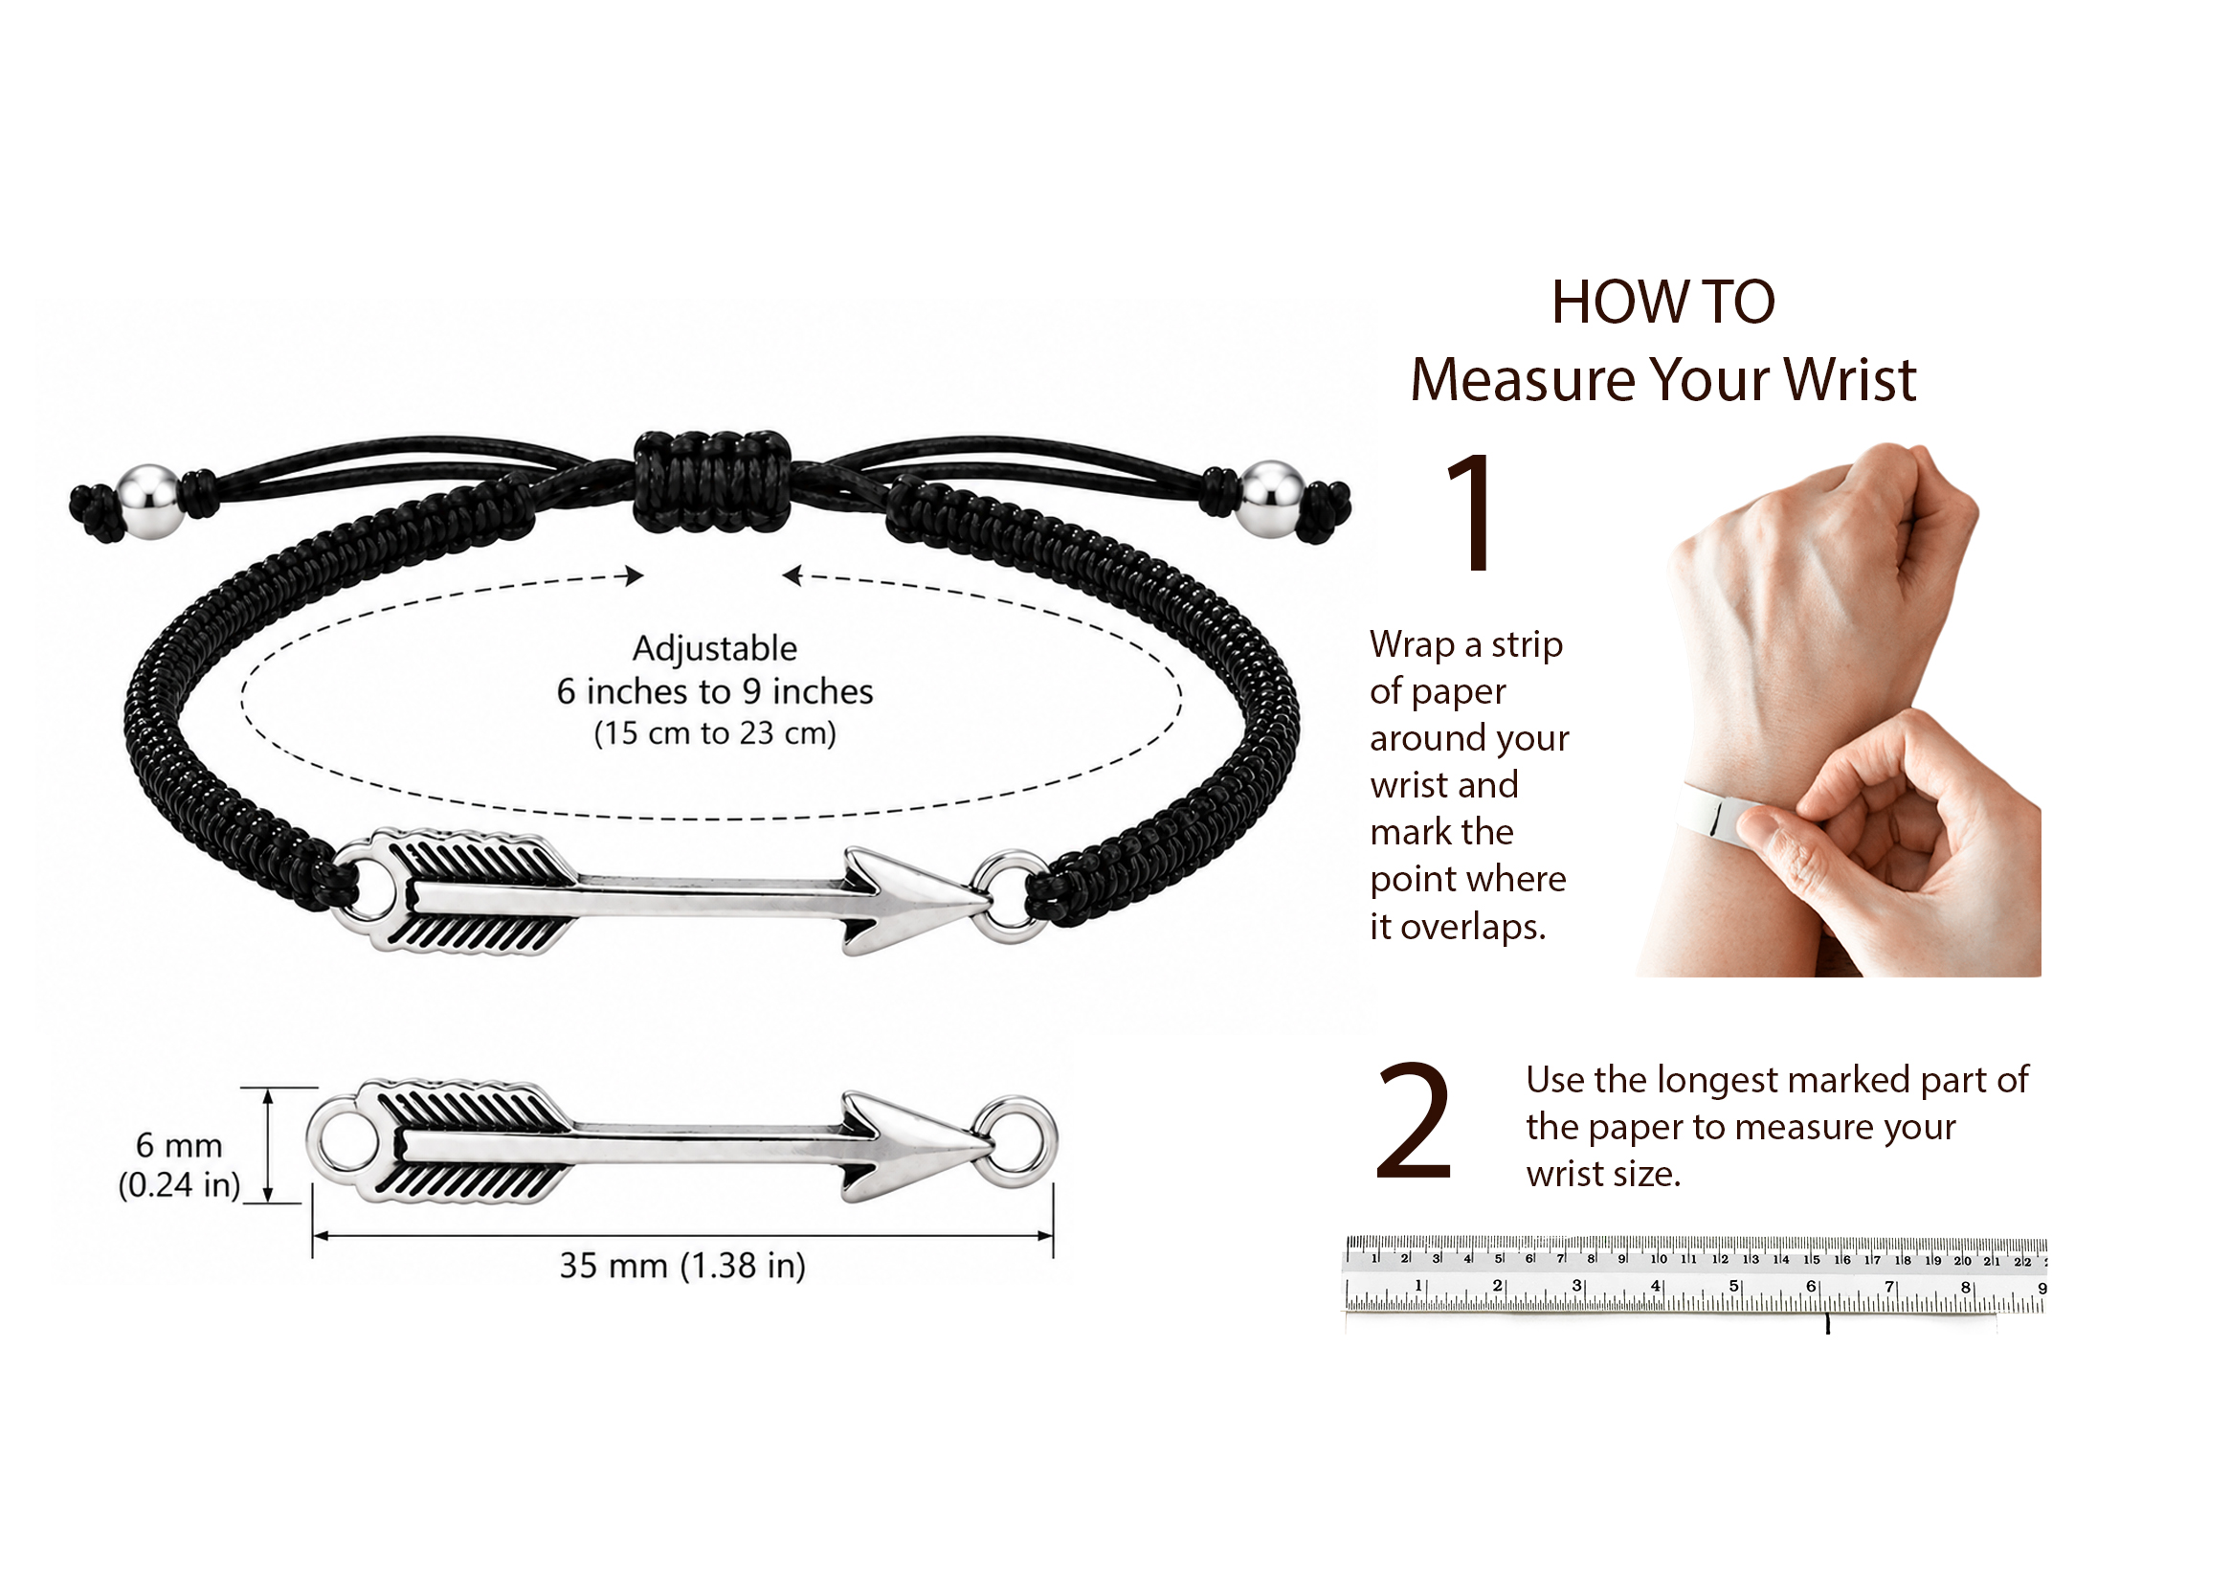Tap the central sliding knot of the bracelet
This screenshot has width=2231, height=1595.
click(x=711, y=482)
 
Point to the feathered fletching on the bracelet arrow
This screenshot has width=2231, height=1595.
click(x=471, y=891)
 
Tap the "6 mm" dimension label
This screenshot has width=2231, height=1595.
click(x=179, y=1145)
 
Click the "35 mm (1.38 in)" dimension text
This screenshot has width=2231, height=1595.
click(x=682, y=1265)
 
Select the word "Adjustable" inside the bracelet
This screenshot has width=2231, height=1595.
click(x=714, y=648)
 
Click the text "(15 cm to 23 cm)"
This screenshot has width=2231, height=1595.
click(x=714, y=732)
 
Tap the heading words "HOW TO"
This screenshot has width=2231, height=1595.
click(x=1662, y=301)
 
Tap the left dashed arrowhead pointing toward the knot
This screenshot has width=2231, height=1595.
click(x=635, y=575)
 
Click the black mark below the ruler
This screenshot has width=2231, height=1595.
click(x=1827, y=1323)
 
